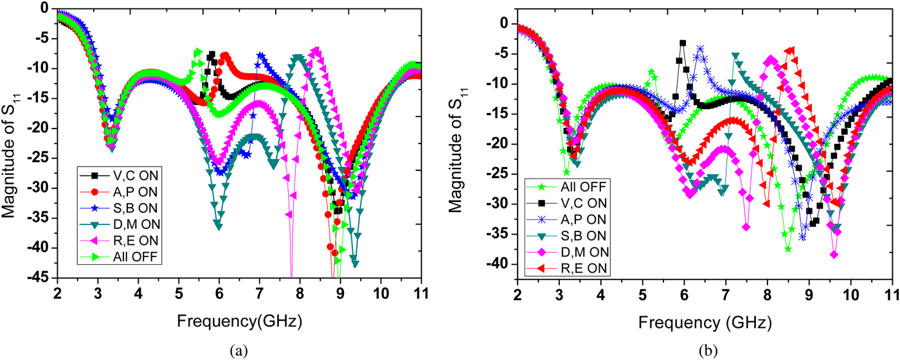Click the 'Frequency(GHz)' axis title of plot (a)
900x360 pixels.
tap(239, 319)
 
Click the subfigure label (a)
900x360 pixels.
tap(239, 350)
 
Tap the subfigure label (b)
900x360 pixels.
tap(705, 350)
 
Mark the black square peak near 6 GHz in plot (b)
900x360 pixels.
tap(683, 43)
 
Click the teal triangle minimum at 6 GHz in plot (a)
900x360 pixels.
tap(219, 226)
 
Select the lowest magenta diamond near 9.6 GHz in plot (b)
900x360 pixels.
tap(834, 255)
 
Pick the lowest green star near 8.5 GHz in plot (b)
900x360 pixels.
tap(788, 249)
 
